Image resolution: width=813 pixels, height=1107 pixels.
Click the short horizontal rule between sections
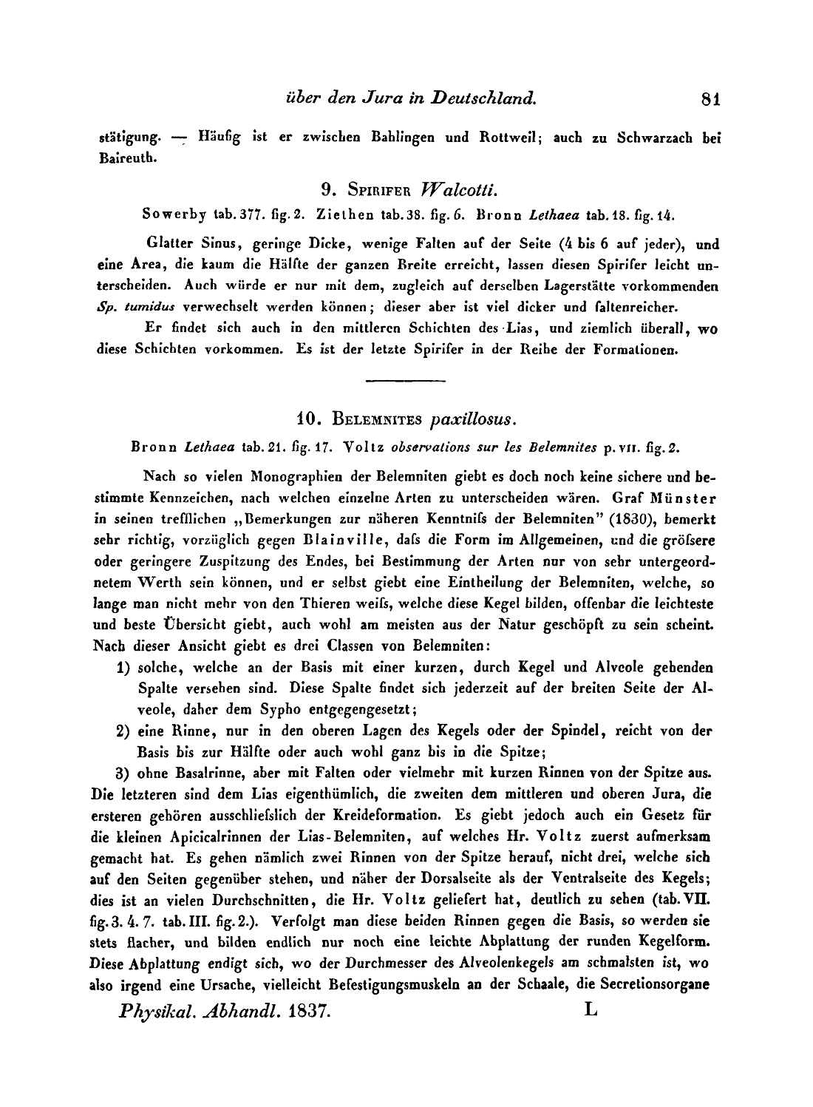(x=405, y=382)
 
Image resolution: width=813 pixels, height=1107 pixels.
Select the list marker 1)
(x=124, y=668)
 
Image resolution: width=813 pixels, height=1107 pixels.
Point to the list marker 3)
(x=124, y=773)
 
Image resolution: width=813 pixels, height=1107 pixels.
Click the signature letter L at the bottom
(x=591, y=1009)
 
